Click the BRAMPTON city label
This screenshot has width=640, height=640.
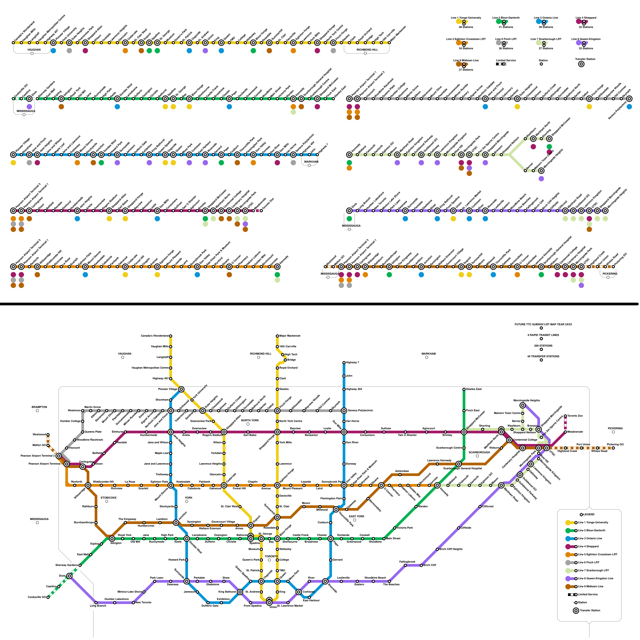[x=39, y=407]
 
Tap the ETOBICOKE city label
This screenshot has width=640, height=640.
[x=108, y=498]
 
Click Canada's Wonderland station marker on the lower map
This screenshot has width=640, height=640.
[x=171, y=336]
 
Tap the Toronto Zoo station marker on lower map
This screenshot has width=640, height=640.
[x=565, y=416]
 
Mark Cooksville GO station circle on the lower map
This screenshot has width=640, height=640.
[x=48, y=597]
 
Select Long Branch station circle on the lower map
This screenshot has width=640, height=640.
[x=96, y=602]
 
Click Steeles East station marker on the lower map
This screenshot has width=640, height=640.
[x=464, y=389]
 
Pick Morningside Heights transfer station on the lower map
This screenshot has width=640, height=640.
[x=522, y=405]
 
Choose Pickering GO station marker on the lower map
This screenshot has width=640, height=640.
[x=613, y=448]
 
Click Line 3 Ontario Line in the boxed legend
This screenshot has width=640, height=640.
[x=590, y=538]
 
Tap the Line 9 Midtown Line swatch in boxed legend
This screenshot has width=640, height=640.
[x=568, y=586]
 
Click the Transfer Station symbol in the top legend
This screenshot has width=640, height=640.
[x=581, y=64]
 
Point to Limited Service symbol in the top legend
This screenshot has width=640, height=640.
[x=501, y=64]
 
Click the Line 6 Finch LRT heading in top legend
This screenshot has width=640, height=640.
[x=506, y=39]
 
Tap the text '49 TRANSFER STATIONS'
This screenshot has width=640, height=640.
[x=543, y=356]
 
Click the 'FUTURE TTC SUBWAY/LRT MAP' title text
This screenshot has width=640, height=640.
[x=543, y=324]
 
